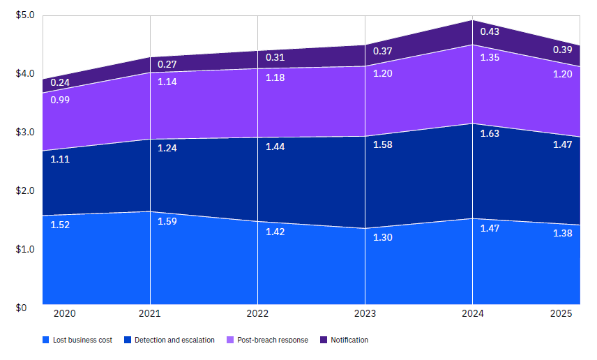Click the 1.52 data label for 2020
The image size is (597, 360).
tap(60, 225)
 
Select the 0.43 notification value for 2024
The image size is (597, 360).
tap(490, 31)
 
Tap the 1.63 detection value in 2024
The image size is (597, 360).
tap(490, 133)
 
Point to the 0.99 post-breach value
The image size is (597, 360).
tap(60, 100)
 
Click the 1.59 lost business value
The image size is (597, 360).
tap(167, 221)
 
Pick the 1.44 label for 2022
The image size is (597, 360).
tap(275, 147)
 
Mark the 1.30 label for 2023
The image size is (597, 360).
tap(383, 237)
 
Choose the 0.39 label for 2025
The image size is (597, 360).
tap(563, 50)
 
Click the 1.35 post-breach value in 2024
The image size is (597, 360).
tap(490, 57)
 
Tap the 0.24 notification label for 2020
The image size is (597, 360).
tap(60, 82)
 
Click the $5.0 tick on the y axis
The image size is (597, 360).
tap(25, 15)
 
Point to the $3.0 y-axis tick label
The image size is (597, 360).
tap(25, 132)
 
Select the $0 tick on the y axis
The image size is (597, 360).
tap(22, 308)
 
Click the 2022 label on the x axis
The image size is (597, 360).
tap(257, 313)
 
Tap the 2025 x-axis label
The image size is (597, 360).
tap(561, 313)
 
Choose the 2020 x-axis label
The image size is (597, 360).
tap(65, 313)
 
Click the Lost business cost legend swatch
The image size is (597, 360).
tap(46, 340)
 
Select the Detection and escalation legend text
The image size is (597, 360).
tap(174, 340)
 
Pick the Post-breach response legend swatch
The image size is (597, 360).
tap(230, 340)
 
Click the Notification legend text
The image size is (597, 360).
tap(349, 340)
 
